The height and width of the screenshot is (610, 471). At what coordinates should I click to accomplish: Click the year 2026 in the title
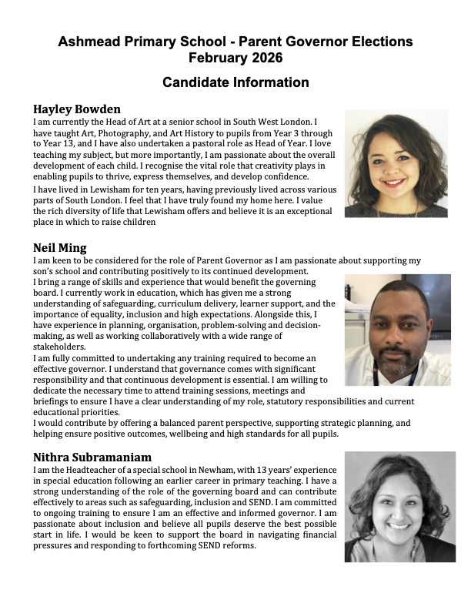pyautogui.click(x=266, y=57)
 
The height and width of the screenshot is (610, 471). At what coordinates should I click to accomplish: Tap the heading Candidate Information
pyautogui.click(x=235, y=82)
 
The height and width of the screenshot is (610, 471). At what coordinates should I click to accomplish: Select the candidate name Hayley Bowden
pyautogui.click(x=77, y=109)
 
